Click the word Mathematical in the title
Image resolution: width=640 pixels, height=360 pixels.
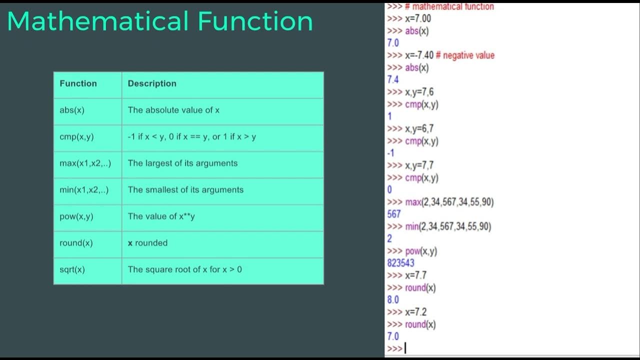pyautogui.click(x=97, y=21)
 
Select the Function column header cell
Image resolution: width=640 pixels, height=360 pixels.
pyautogui.click(x=78, y=83)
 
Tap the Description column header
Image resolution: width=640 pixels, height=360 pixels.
pyautogui.click(x=152, y=83)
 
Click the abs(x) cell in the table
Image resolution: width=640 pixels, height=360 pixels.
pyautogui.click(x=72, y=110)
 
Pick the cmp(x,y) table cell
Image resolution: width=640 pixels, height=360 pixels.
pyautogui.click(x=76, y=136)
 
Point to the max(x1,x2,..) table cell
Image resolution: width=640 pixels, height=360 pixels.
pyautogui.click(x=85, y=163)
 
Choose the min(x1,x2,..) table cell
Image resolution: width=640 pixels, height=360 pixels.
pyautogui.click(x=84, y=189)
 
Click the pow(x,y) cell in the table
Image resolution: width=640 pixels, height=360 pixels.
pyautogui.click(x=76, y=216)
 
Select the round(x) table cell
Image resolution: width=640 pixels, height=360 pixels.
pyautogui.click(x=76, y=243)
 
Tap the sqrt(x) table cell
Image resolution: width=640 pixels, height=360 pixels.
pyautogui.click(x=72, y=269)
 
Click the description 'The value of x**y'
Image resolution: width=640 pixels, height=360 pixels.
pyautogui.click(x=161, y=216)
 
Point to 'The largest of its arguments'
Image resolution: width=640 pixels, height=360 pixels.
pyautogui.click(x=182, y=163)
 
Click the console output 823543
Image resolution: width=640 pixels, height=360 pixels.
pyautogui.click(x=400, y=263)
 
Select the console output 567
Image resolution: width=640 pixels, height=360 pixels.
pyautogui.click(x=394, y=214)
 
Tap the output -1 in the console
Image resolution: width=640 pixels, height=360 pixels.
pyautogui.click(x=390, y=153)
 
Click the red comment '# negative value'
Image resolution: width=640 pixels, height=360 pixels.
pyautogui.click(x=468, y=55)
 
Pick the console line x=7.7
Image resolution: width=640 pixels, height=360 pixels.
pyautogui.click(x=415, y=275)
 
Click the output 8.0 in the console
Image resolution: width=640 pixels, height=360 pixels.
pyautogui.click(x=393, y=299)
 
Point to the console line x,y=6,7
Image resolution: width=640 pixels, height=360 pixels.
pyautogui.click(x=419, y=128)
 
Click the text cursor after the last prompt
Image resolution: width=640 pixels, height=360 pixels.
pyautogui.click(x=405, y=348)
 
